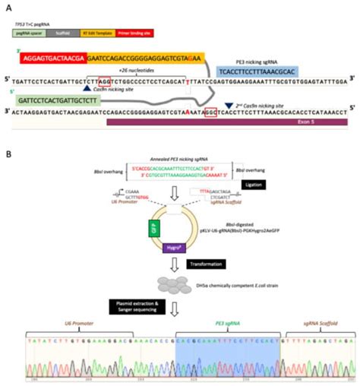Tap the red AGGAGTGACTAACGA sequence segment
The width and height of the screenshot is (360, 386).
[x=54, y=57]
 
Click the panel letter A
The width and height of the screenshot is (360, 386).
[x=8, y=6]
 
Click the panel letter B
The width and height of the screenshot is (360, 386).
[x=8, y=153]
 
